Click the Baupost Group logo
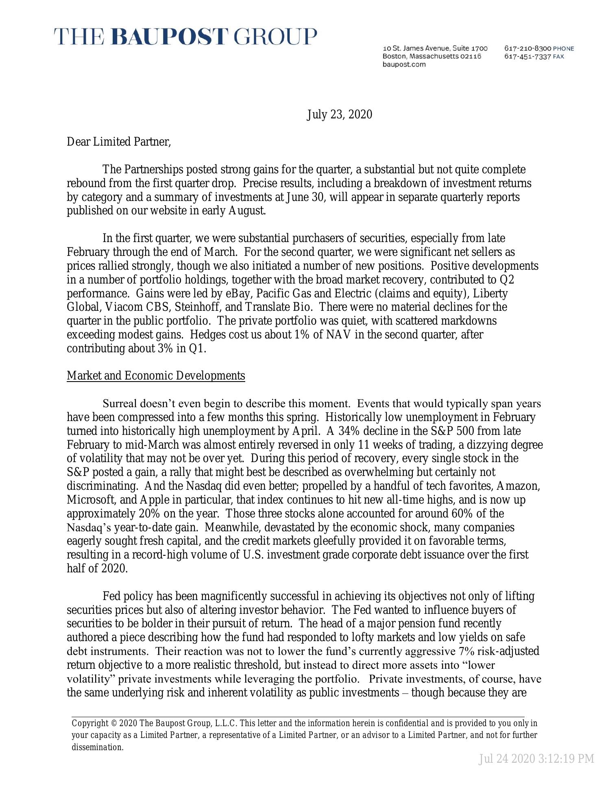tap(186, 37)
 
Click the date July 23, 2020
tap(339, 115)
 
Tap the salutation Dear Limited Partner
tap(119, 142)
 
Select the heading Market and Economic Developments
tap(156, 375)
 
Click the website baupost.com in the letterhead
tap(404, 64)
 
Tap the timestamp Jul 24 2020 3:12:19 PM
tap(536, 759)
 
